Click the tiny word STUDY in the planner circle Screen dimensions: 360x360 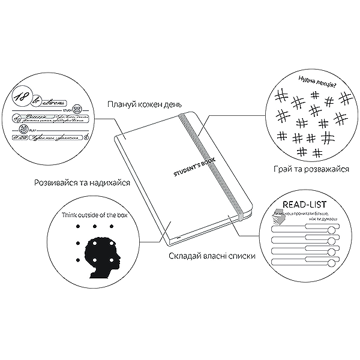pyautogui.click(x=67, y=110)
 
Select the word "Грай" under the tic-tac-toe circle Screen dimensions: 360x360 pyautogui.click(x=283, y=170)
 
